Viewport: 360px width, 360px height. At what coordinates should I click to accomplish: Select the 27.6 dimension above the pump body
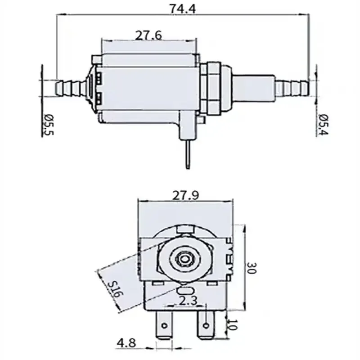click(149, 35)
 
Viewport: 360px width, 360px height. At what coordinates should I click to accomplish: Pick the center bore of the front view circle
click(184, 259)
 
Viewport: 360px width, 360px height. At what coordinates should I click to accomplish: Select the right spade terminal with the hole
click(206, 323)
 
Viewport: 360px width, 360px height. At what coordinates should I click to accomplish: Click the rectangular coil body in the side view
click(148, 85)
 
